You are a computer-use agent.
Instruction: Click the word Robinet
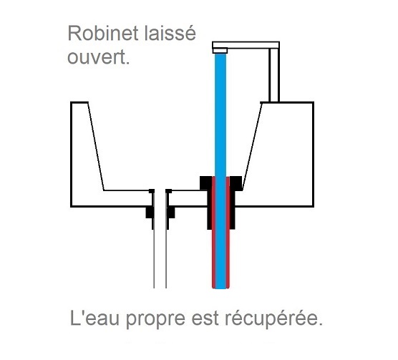click(103, 34)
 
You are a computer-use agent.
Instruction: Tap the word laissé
click(170, 33)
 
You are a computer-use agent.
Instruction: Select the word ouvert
click(99, 57)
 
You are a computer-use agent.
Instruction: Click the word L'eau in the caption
click(94, 318)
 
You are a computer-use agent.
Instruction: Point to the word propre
click(155, 320)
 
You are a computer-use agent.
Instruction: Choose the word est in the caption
click(205, 318)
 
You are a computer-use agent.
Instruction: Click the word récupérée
click(273, 318)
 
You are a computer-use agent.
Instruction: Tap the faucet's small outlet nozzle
click(220, 51)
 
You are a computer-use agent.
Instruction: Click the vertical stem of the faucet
click(274, 75)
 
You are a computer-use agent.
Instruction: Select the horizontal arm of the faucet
click(246, 45)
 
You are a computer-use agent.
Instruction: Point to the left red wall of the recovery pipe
click(213, 233)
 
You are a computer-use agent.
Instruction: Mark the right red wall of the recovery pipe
click(228, 233)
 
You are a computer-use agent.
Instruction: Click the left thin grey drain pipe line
click(154, 259)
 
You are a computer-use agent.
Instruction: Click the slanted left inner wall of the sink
click(96, 146)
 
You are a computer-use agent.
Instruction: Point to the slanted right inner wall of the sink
click(252, 146)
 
